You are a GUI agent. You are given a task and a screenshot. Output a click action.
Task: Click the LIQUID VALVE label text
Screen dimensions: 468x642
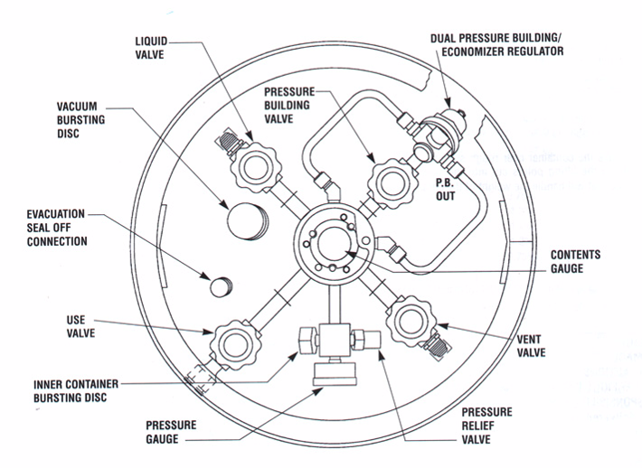(x=149, y=47)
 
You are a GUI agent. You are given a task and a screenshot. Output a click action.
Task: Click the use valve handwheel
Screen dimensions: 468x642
(x=233, y=343)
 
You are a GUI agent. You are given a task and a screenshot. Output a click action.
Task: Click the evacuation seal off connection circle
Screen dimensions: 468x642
(x=220, y=285)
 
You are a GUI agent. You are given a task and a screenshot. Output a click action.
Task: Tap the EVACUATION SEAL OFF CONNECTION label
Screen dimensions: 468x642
(x=57, y=227)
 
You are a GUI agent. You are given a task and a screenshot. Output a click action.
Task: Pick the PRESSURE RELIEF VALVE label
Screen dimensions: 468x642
(x=479, y=426)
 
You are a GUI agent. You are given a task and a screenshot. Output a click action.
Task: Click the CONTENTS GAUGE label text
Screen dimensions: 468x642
(x=576, y=262)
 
